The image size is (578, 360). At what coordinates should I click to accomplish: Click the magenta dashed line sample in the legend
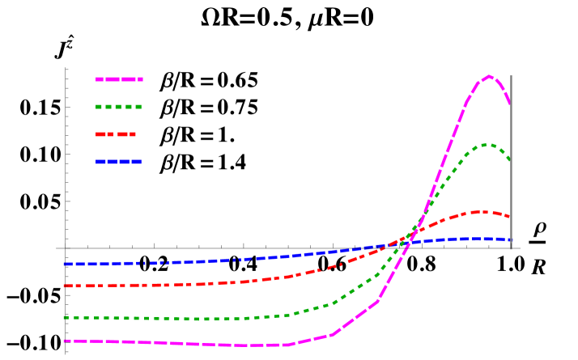click(119, 79)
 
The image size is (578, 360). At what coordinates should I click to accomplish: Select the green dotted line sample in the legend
click(119, 107)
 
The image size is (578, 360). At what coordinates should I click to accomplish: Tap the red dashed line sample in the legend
click(116, 134)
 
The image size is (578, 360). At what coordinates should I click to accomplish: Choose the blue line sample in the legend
click(119, 162)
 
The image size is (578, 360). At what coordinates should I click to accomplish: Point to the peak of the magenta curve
click(489, 76)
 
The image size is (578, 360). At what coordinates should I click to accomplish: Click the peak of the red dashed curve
click(480, 212)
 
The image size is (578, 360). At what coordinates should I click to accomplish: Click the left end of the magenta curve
click(65, 341)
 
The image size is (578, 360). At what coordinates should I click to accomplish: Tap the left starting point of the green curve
click(65, 317)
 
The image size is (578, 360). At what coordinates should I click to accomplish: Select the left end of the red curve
click(65, 286)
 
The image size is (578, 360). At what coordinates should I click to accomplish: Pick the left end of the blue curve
click(65, 264)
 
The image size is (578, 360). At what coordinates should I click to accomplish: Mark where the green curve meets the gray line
click(510, 160)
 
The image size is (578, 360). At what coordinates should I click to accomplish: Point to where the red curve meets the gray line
click(510, 217)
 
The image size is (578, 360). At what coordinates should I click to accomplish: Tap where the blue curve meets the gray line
click(510, 240)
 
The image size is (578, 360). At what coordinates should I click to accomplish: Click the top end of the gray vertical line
click(511, 76)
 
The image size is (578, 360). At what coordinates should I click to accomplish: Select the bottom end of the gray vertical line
click(511, 249)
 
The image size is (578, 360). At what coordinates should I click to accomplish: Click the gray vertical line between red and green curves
click(511, 188)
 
